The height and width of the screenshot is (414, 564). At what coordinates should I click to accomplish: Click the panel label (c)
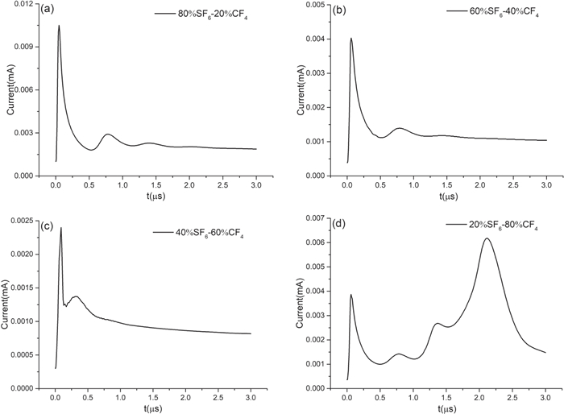tap(46, 226)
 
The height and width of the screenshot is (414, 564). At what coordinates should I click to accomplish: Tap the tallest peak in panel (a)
tap(59, 26)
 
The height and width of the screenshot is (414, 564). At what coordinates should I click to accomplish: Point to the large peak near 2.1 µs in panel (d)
tap(487, 238)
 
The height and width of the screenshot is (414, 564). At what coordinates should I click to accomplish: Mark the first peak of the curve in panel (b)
tap(351, 38)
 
